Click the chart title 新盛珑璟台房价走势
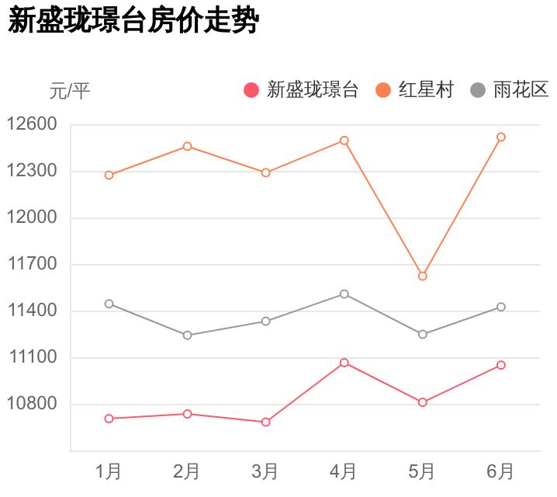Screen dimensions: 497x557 pos(132,21)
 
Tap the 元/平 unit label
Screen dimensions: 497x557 pos(70,91)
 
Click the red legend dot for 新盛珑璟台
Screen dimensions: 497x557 pos(251,90)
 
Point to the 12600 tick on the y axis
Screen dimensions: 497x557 pos(32,124)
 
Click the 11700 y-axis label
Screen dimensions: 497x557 pos(32,264)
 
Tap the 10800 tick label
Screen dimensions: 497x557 pos(32,404)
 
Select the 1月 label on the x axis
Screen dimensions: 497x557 pos(109,471)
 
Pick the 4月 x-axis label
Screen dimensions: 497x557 pos(344,471)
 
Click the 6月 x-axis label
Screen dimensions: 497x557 pos(500,471)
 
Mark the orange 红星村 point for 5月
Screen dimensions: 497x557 pos(423,276)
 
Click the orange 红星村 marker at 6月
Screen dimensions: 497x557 pos(501,137)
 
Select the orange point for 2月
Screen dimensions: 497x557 pos(188,146)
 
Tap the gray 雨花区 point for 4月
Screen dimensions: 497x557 pos(344,294)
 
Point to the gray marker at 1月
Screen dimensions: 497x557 pos(109,304)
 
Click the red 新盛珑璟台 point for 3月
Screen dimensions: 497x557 pos(265,422)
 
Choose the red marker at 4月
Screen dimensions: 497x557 pos(344,363)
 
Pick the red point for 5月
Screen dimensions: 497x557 pos(423,402)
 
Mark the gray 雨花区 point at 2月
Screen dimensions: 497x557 pos(188,335)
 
